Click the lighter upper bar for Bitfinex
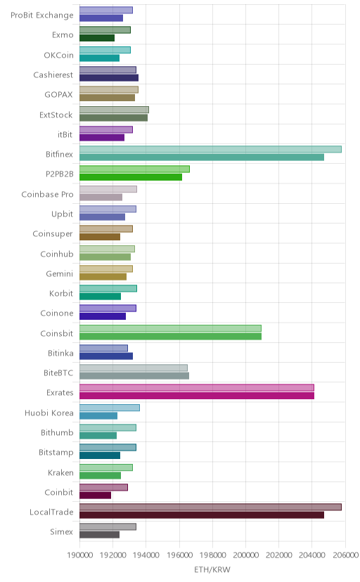[x=210, y=149]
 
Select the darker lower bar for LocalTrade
[x=202, y=515]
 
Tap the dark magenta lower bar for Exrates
[x=197, y=396]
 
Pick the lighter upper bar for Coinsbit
[x=170, y=328]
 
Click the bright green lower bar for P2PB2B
[x=131, y=177]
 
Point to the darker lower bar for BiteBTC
[x=134, y=375]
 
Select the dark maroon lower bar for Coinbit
[x=95, y=495]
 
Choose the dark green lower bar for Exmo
[x=97, y=38]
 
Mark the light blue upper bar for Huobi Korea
[x=110, y=408]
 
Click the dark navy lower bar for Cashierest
[x=109, y=77]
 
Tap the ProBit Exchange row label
[x=42, y=15]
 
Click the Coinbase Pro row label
[x=48, y=194]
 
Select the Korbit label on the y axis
[x=61, y=293]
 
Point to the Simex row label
[x=62, y=531]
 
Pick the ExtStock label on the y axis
[x=56, y=115]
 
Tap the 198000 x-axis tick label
[x=212, y=555]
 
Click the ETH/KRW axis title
[x=212, y=569]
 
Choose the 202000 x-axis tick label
[x=279, y=555]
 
